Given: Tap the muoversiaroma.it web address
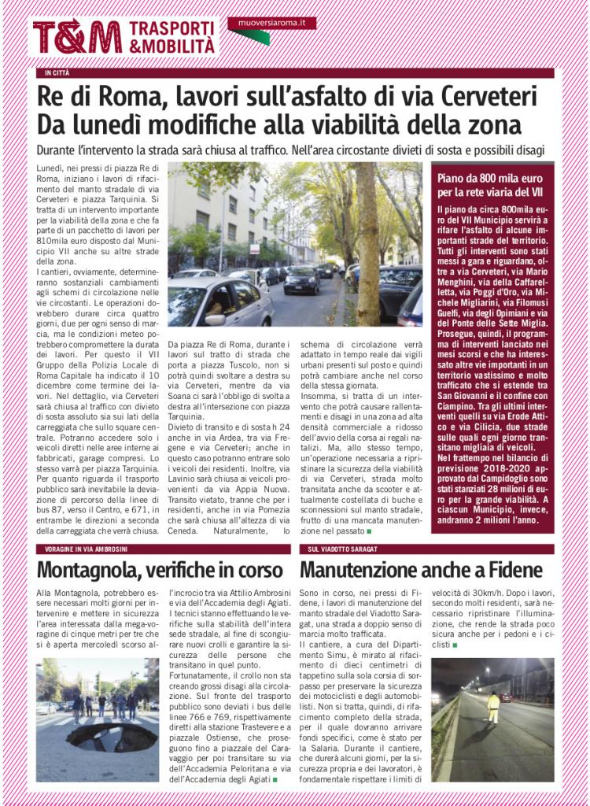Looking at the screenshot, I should click(271, 24).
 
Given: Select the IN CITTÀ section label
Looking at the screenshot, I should click(57, 73).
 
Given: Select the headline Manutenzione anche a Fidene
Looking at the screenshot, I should click(420, 568).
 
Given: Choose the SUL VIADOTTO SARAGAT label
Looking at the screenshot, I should click(343, 548).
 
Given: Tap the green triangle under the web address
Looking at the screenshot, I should click(250, 37).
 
